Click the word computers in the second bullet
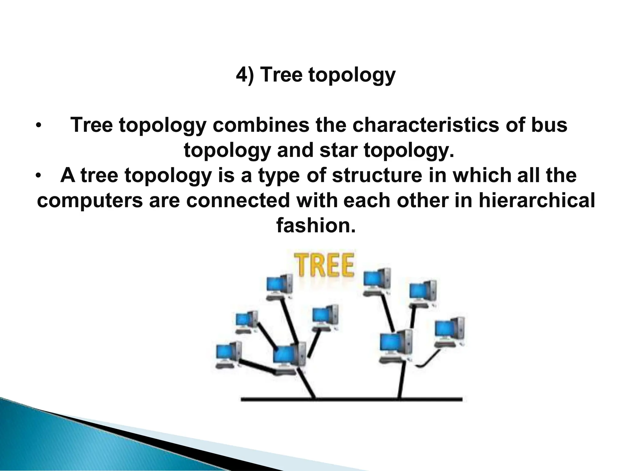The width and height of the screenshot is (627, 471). pyautogui.click(x=90, y=201)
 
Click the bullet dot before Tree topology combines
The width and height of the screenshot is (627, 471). pyautogui.click(x=38, y=126)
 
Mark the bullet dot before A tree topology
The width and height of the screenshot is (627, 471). pyautogui.click(x=38, y=176)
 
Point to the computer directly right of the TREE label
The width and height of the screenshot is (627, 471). pyautogui.click(x=377, y=282)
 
